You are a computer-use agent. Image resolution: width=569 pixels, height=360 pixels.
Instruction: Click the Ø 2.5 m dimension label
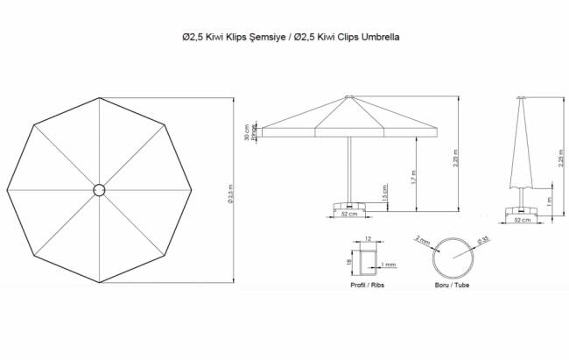pyautogui.click(x=230, y=190)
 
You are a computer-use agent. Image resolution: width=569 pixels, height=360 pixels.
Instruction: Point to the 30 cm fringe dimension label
pyautogui.click(x=247, y=131)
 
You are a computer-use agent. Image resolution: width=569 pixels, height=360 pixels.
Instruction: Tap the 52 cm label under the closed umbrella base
pyautogui.click(x=523, y=220)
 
